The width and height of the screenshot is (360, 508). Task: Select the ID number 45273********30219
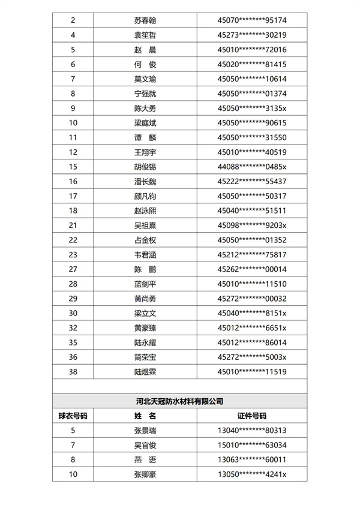point(251,35)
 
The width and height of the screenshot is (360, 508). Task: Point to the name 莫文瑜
point(145,79)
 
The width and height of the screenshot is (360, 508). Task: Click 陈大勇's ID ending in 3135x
point(251,109)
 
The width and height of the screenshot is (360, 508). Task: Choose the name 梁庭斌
point(145,123)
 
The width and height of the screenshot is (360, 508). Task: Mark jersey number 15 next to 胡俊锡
point(73,167)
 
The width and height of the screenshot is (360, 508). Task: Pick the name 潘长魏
point(145,181)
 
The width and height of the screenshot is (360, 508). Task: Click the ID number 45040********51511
point(251,211)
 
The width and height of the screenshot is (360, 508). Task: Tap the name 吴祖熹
point(145,225)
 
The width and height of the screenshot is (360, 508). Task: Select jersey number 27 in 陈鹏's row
point(73,269)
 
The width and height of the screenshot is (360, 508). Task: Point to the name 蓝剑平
point(145,284)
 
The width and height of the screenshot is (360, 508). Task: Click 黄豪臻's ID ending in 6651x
point(251,327)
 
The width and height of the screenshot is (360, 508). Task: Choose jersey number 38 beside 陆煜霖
point(73,371)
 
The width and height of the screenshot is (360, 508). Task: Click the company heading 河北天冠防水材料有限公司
point(179,401)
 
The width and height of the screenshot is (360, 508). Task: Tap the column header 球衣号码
point(73,416)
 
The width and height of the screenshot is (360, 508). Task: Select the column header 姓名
point(145,416)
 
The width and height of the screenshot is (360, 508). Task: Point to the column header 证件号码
point(251,416)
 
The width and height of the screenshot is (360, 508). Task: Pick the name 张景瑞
point(145,430)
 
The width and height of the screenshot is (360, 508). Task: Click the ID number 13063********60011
point(251,459)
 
